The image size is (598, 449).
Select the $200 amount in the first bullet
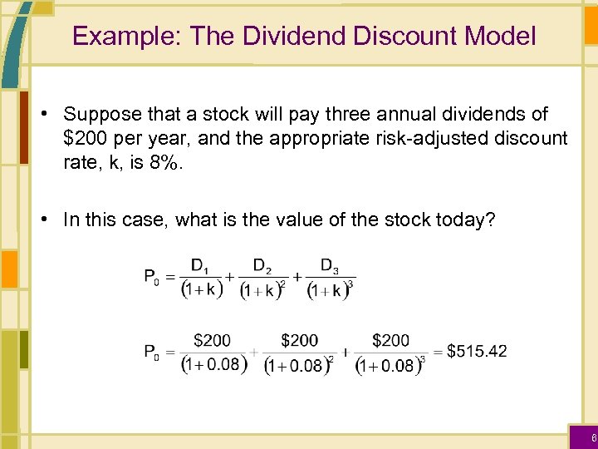(86, 137)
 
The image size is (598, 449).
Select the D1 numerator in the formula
(200, 266)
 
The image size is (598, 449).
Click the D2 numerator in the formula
(262, 266)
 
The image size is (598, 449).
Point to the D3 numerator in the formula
(331, 266)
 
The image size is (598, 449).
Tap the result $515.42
(477, 351)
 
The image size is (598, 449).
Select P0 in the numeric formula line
(153, 352)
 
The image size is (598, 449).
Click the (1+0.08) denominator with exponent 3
(390, 365)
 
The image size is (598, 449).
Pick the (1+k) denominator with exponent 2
(262, 291)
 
